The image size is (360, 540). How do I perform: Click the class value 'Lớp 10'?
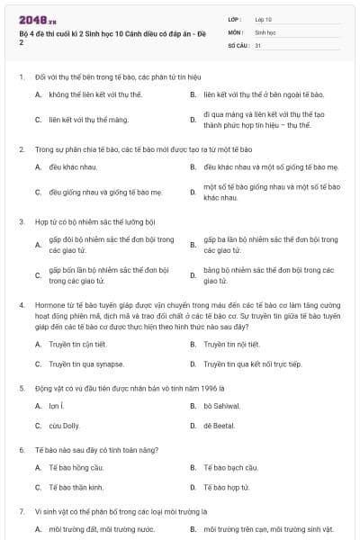264,18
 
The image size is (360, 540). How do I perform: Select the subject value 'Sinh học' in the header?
265,31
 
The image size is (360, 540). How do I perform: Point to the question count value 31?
258,44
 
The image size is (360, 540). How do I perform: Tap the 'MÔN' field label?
235,31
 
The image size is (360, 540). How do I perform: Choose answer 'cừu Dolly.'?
67,425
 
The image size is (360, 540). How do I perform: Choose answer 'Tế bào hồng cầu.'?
76,467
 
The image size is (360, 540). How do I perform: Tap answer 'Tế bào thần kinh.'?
76,487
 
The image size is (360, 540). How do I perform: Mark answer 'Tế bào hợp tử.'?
228,487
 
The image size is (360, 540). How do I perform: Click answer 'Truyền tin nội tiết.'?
232,344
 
